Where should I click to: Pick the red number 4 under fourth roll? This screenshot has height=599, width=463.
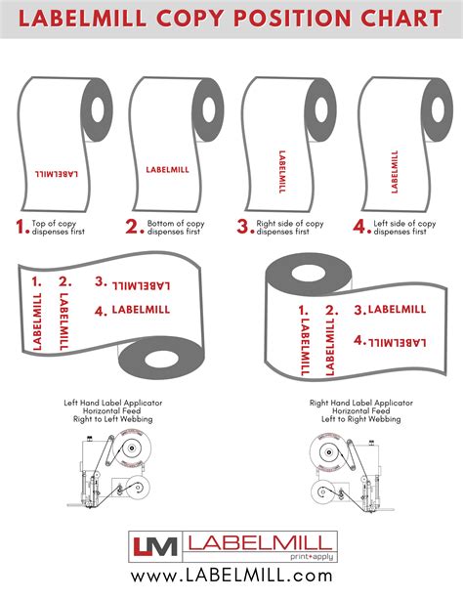(357, 229)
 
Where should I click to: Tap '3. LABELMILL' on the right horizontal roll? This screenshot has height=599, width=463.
(390, 310)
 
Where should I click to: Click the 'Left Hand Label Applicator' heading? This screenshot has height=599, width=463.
(112, 403)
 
